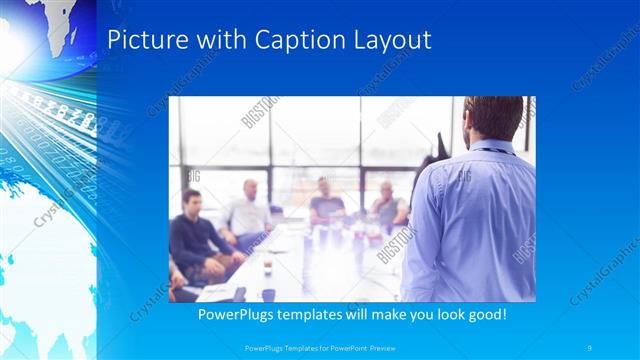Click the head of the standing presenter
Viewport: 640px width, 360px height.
[493, 118]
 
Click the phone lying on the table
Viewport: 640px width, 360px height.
[240, 293]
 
